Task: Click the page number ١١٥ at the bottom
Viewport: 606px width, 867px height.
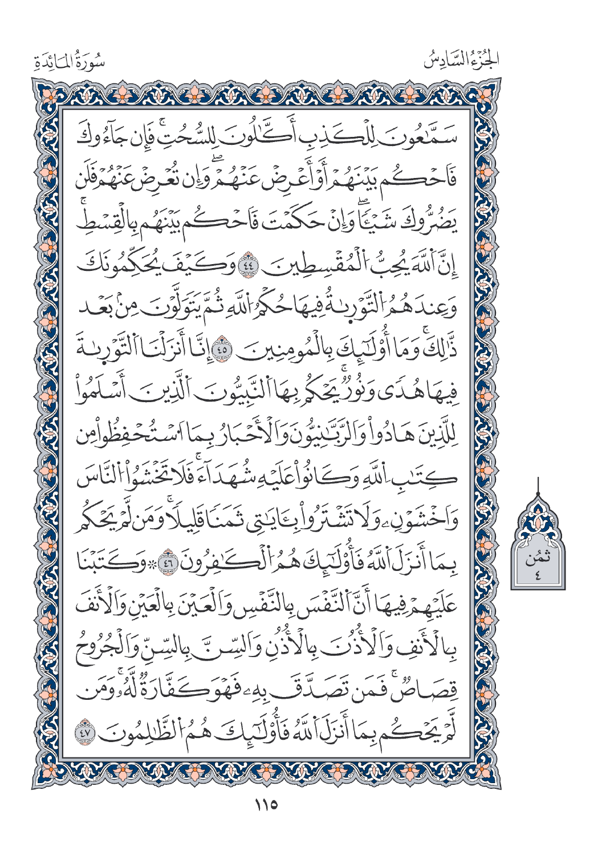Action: (265, 805)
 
